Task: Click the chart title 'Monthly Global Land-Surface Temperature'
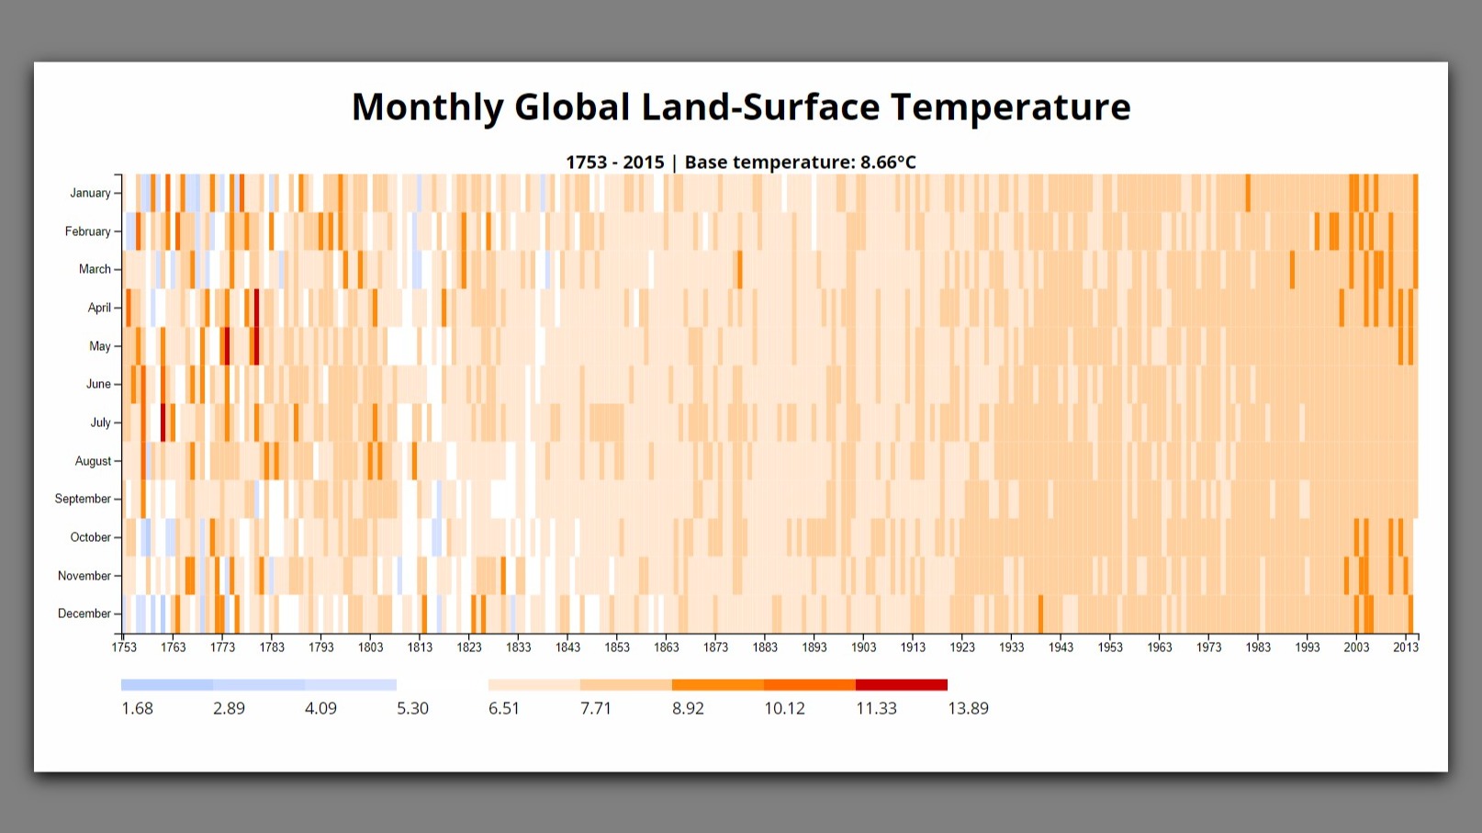(741, 107)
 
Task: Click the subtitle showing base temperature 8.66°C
(741, 163)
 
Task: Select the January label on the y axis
(90, 193)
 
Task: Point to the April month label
(99, 308)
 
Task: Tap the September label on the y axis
(83, 499)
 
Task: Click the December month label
(84, 613)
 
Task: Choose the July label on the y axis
(100, 422)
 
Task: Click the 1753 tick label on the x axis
(124, 647)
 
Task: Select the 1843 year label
(567, 647)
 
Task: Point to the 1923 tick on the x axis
(962, 647)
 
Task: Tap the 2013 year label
(1406, 647)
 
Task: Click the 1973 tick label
(1208, 647)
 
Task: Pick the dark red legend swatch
(901, 685)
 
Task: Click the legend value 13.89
(968, 708)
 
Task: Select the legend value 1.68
(138, 708)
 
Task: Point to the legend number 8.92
(688, 708)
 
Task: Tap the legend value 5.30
(412, 708)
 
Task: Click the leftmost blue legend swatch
(167, 685)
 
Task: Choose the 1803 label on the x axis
(370, 647)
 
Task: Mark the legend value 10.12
(784, 708)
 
